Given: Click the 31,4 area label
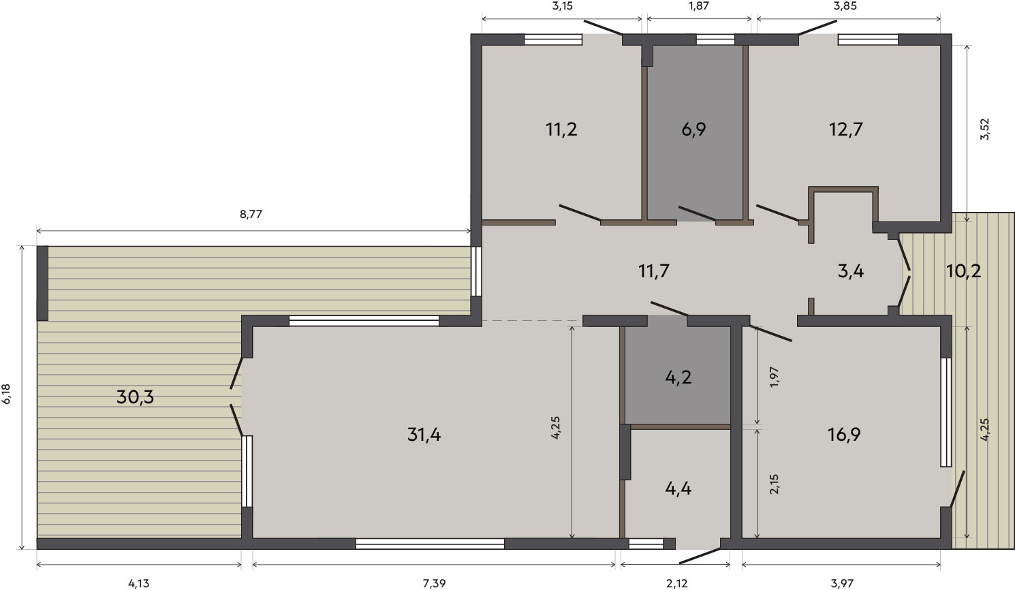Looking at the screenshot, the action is coord(424,435).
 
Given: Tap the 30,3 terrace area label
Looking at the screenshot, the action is coord(135,397).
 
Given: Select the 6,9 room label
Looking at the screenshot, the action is coord(693,129).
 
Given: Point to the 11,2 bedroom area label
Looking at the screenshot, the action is coord(561,129).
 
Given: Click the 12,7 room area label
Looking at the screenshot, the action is coord(846,129).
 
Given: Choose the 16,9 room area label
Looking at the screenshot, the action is coord(844,435).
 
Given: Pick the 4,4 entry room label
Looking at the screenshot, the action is coord(678,489).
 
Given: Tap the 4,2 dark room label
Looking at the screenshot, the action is coord(678,377).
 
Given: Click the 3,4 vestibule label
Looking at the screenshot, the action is coord(851,271).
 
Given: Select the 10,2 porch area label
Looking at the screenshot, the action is coord(963,271).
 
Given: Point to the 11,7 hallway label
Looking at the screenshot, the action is coord(653,271).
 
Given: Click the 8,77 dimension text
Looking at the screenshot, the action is coord(251,215).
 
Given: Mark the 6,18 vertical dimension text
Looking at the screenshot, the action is coord(6,393).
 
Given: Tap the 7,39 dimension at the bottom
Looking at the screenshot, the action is coord(434,584).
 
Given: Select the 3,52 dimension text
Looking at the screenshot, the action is coord(984,129).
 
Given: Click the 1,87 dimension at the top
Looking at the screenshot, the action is coord(698,6).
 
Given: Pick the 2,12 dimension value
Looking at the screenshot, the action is coord(677,584).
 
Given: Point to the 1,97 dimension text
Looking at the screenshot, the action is coord(775,377).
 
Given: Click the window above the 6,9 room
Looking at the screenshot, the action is coord(715,40).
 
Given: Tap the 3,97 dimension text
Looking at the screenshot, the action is coord(842,584).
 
